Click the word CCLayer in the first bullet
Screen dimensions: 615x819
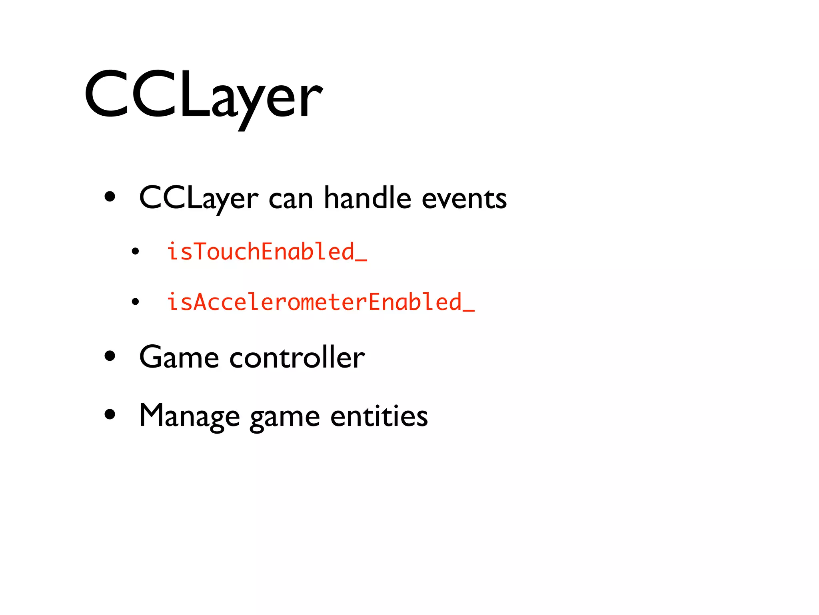198,198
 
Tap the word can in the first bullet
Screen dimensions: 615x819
291,199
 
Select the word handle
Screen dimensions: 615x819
367,198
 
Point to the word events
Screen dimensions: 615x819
464,199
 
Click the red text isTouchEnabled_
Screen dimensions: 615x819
267,251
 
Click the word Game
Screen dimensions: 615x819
179,357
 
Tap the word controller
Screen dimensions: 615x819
297,357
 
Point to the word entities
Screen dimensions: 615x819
379,416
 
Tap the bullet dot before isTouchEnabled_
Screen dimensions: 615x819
135,252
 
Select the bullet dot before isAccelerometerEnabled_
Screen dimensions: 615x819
135,302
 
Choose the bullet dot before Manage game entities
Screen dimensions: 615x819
110,414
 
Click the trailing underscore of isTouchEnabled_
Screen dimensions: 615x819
361,260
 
